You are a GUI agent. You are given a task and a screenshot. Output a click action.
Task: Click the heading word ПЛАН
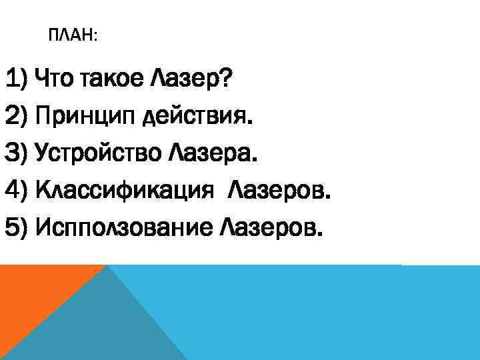[x=71, y=35]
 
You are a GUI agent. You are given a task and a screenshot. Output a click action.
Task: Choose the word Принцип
[x=87, y=119]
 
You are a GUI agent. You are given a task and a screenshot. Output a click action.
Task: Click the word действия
[x=199, y=119]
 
